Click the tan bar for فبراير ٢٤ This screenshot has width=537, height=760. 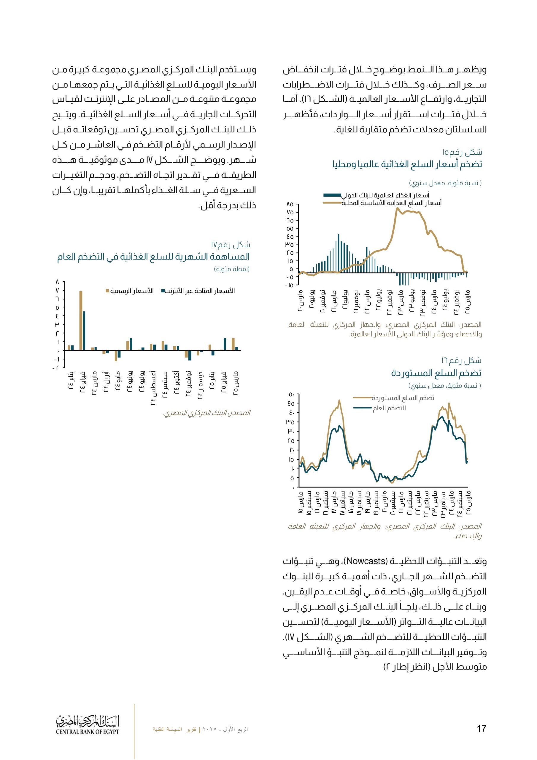click(x=81, y=320)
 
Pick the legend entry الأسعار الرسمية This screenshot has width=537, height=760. click(x=129, y=291)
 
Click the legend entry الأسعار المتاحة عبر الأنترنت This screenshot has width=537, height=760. click(x=198, y=291)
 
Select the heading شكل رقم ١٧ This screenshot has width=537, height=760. click(x=230, y=245)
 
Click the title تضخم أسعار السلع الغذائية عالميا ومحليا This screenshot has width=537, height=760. click(x=407, y=164)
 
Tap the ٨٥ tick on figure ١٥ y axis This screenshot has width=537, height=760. click(x=290, y=205)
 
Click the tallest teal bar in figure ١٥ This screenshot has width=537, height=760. click(x=339, y=253)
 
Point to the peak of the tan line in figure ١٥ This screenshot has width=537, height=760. click(x=396, y=208)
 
